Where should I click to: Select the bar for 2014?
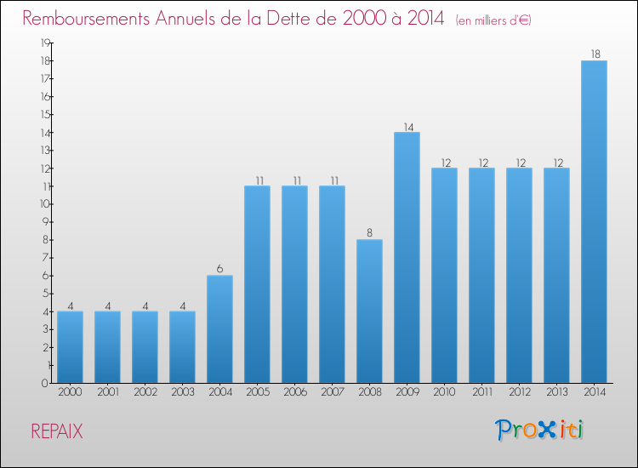(x=594, y=221)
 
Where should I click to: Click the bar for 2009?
(x=407, y=257)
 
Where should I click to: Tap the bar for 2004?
(x=219, y=328)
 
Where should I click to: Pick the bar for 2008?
(x=369, y=311)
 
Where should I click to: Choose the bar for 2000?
(x=70, y=346)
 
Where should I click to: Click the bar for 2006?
(x=294, y=284)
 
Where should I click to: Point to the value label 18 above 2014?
(x=594, y=54)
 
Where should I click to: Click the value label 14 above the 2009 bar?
(x=407, y=125)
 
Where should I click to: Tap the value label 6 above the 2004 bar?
(x=219, y=269)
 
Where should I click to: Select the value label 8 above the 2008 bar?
(x=369, y=233)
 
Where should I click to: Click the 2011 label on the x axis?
(x=481, y=392)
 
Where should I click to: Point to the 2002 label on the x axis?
(x=145, y=392)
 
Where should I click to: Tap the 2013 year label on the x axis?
(x=556, y=392)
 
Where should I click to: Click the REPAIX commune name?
(x=57, y=431)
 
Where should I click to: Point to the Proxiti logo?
(x=539, y=430)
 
